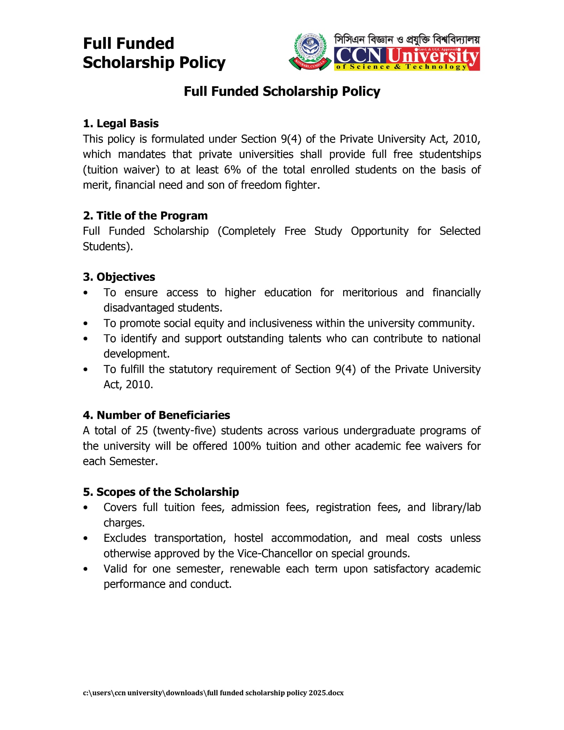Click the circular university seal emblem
tap(310, 51)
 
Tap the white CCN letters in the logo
tap(359, 56)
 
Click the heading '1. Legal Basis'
tap(121, 123)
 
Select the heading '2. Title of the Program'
tap(145, 216)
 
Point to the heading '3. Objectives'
tap(119, 277)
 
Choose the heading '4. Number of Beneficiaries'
tap(156, 415)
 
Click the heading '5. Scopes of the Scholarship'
tap(161, 492)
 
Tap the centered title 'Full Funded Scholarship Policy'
tap(282, 91)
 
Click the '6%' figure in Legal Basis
tap(232, 170)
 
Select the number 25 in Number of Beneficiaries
tap(142, 431)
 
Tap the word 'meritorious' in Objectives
tap(369, 293)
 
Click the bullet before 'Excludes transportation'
tap(86, 538)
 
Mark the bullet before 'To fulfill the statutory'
tap(86, 370)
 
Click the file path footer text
tap(213, 693)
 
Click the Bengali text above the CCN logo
tap(407, 39)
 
